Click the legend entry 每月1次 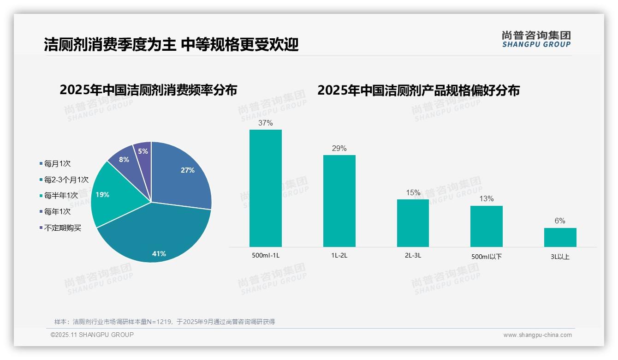(57, 164)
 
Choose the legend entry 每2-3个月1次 (66, 180)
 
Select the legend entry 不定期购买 (62, 228)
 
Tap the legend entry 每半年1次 (61, 196)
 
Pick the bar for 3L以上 (560, 237)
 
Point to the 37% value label (265, 123)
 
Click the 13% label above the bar (486, 199)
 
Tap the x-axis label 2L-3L (412, 255)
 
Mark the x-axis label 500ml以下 (486, 256)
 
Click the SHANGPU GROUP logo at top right (536, 39)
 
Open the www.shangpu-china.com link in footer (537, 335)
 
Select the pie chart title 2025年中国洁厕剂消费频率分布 (148, 90)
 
